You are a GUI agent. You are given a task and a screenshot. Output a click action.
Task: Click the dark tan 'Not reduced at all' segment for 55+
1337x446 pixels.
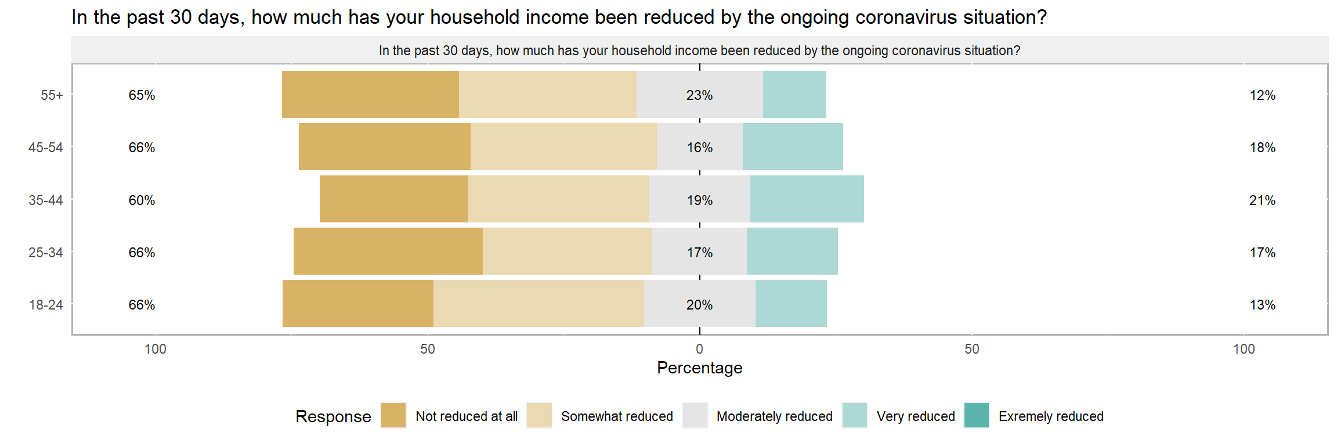point(370,95)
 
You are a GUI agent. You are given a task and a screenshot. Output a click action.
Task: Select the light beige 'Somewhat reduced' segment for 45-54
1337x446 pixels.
point(563,147)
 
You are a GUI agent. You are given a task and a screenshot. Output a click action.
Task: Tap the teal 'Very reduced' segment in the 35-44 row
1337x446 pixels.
point(807,199)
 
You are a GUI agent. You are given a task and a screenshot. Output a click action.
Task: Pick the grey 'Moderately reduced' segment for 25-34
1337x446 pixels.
point(699,251)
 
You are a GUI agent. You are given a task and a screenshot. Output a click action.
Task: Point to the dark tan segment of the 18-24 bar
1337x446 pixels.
point(358,304)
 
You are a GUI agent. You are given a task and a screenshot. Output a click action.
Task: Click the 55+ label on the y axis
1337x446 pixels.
point(52,95)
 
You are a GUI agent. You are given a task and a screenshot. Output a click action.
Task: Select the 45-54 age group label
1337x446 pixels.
point(46,148)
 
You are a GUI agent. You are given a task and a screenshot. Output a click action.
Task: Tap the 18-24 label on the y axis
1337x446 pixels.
point(46,305)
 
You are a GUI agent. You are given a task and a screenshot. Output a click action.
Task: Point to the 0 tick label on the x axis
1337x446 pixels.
point(700,349)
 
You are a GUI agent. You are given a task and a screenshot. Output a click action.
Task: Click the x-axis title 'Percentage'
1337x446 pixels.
point(700,368)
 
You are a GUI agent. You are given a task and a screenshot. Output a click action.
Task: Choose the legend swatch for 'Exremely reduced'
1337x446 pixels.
point(977,415)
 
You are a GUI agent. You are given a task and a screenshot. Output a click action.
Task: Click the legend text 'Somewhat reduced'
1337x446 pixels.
point(617,416)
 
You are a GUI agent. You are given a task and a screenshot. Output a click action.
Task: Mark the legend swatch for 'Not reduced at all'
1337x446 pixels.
point(393,415)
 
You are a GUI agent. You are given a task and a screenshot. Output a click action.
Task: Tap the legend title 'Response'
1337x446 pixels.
point(333,416)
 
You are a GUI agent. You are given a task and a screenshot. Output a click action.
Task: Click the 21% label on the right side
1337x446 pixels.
point(1263,200)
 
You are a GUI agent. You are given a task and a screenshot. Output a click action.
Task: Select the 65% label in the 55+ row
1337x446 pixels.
point(142,95)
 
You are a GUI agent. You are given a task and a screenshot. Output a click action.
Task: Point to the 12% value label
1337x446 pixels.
point(1263,95)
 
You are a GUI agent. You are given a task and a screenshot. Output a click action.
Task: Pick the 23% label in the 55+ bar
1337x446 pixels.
point(700,95)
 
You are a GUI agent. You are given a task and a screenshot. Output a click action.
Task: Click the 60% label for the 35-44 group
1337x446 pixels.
point(142,200)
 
